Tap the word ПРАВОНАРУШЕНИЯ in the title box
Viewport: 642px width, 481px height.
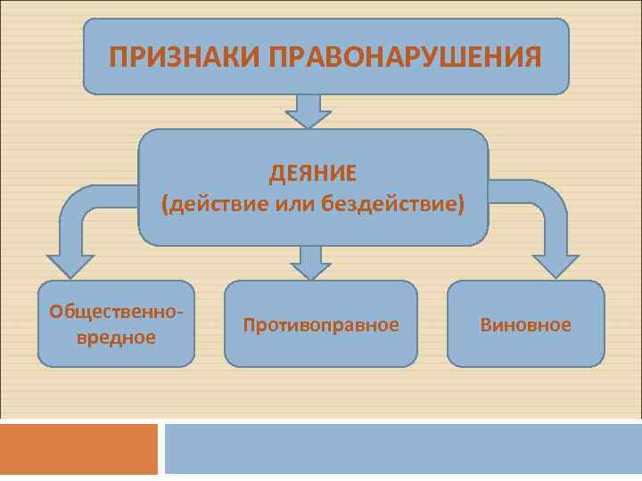point(405,58)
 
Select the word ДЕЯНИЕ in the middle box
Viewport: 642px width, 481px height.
point(313,171)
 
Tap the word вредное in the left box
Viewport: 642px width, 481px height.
point(116,338)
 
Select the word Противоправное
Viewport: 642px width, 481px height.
point(321,325)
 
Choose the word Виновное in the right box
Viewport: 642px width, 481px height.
point(525,325)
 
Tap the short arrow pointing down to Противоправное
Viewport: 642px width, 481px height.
point(309,264)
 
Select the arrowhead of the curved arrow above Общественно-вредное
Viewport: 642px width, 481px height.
point(70,265)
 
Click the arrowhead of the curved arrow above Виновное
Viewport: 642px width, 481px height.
point(555,265)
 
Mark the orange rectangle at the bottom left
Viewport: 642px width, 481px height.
point(78,449)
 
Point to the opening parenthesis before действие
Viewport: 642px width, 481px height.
point(165,206)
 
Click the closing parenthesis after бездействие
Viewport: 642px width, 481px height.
point(461,206)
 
